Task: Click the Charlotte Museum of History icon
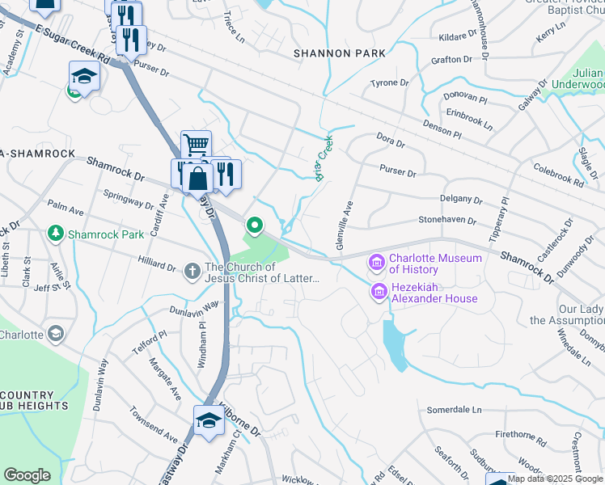[376, 263]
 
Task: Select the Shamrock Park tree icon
[56, 234]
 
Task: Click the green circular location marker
[255, 226]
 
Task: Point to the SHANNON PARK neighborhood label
[340, 53]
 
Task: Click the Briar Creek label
[324, 157]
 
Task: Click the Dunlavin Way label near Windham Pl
[194, 307]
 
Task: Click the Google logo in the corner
[27, 475]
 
